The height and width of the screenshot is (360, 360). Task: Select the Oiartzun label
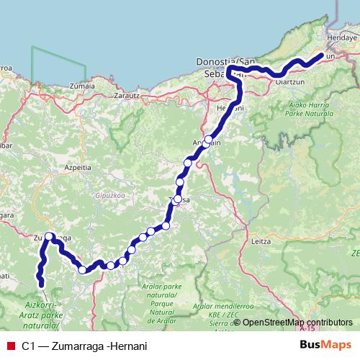(289, 82)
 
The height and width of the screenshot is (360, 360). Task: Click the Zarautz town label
(127, 94)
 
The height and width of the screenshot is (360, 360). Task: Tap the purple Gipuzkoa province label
(108, 194)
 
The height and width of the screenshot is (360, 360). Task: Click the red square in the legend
(10, 346)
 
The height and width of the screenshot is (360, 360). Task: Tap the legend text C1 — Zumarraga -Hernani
(84, 346)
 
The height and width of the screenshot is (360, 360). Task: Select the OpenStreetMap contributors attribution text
(296, 323)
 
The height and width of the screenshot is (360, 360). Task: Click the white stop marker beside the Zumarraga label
(49, 236)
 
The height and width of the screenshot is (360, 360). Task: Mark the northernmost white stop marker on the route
(209, 139)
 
